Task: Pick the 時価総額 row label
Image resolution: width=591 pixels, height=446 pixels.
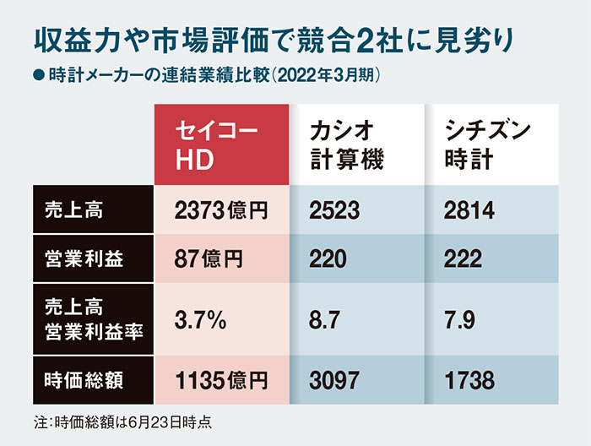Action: (83, 380)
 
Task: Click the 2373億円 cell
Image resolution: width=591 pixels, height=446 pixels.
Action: (220, 211)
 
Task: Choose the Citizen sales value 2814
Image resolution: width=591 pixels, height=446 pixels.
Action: (469, 211)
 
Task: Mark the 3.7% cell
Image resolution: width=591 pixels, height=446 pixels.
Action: (198, 320)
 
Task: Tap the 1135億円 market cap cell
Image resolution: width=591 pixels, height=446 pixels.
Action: (220, 380)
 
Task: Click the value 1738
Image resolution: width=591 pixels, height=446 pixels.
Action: (469, 380)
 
